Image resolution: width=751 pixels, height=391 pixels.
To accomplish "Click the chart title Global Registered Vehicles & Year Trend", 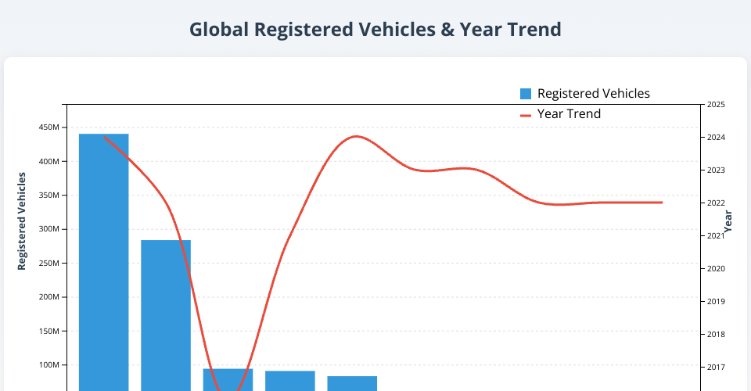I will click(x=375, y=30).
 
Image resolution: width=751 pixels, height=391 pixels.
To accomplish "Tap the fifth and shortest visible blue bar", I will click(x=352, y=383).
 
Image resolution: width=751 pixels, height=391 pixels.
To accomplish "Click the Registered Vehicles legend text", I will click(x=593, y=94).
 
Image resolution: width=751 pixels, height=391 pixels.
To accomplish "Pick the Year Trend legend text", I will click(x=569, y=114).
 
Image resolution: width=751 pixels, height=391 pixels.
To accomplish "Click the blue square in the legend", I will click(x=526, y=94).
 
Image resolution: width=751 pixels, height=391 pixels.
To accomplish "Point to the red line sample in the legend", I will click(x=526, y=115).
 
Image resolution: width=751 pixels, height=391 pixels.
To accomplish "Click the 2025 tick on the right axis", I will click(x=716, y=105).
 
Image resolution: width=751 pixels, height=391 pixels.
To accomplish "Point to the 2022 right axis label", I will click(x=716, y=203).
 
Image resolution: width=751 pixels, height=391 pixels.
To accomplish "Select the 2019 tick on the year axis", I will click(x=716, y=302).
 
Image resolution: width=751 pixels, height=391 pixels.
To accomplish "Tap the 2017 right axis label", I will click(x=716, y=368).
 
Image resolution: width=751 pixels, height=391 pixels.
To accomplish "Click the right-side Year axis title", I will click(x=728, y=222).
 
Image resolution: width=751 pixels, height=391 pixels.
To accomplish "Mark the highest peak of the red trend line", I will click(x=356, y=136).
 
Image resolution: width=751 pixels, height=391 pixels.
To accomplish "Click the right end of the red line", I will click(x=662, y=203).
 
